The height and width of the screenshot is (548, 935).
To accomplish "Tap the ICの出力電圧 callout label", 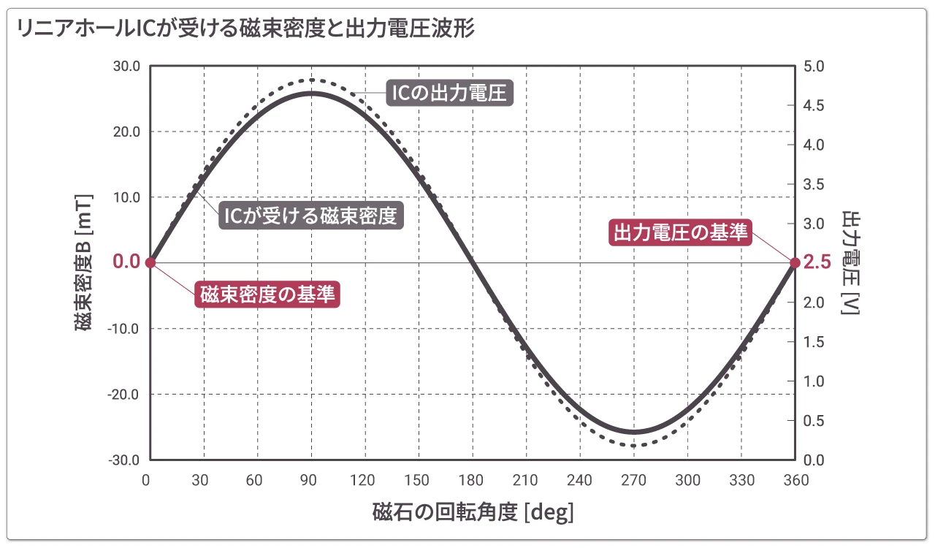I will point(449,93).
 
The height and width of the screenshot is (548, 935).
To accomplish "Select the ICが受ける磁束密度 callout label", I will point(311,216).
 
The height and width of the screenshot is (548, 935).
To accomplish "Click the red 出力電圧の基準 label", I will point(681,232).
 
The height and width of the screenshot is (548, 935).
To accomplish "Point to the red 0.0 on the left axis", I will point(126,262).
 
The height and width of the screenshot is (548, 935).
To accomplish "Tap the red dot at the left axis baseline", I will point(150,262).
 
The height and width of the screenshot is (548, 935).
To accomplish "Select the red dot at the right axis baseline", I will point(795,262).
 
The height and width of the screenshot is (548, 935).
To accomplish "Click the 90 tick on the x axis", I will point(311,480).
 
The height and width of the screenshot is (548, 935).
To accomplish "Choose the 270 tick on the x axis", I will point(633,480).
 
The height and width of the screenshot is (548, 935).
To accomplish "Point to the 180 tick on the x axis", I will point(472,480).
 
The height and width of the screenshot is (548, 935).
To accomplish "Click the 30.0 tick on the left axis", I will point(126,66).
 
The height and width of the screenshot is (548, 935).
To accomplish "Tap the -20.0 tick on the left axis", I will point(125,394).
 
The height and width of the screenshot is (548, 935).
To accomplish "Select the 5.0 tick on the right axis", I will point(813,66).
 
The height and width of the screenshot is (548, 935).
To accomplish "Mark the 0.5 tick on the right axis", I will point(813,421).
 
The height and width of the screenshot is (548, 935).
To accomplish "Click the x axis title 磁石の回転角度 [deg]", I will point(473,511).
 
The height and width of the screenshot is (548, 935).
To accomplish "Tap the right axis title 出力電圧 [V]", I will point(850,262).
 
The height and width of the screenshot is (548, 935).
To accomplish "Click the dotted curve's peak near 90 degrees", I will point(312,80).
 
